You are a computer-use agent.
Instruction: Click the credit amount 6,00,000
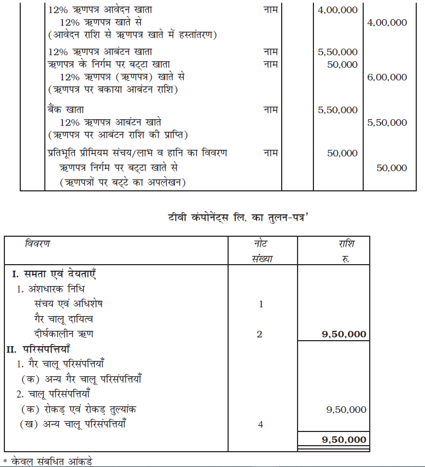pos(387,78)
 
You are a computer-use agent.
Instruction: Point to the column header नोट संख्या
pos(261,251)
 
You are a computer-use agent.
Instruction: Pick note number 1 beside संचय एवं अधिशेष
pos(260,303)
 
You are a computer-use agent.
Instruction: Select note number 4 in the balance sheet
pos(260,424)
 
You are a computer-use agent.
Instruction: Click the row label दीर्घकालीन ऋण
pos(63,334)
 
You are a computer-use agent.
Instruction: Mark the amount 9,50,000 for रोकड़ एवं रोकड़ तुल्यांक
pos(346,409)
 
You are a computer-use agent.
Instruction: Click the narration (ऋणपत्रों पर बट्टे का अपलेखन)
pos(123,182)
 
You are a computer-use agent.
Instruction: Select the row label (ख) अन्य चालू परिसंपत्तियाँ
pos(77,424)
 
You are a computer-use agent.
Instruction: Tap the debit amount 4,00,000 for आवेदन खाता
pos(337,10)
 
